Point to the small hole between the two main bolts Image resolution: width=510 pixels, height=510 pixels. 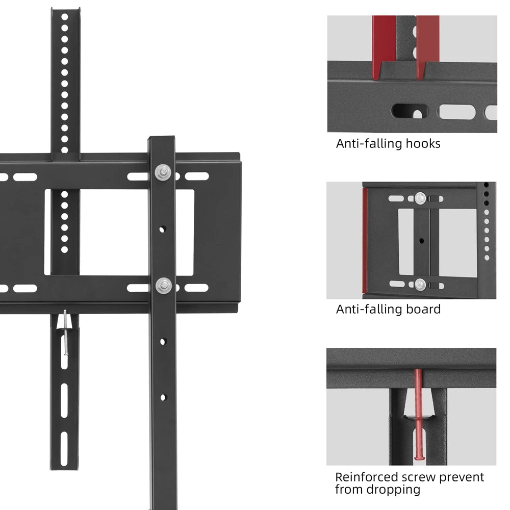coord(163,229)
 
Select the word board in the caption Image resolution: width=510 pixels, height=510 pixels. coord(423,309)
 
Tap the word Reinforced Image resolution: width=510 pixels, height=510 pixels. coord(366,477)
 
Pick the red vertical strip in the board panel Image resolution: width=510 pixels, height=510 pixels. coord(365,240)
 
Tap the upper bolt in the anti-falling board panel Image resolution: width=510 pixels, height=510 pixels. coord(420,197)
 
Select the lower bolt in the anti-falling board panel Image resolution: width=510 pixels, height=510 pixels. coord(420,284)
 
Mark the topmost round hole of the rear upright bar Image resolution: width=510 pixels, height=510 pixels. coord(65,16)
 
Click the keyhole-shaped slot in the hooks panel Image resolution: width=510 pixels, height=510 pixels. coord(411,112)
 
